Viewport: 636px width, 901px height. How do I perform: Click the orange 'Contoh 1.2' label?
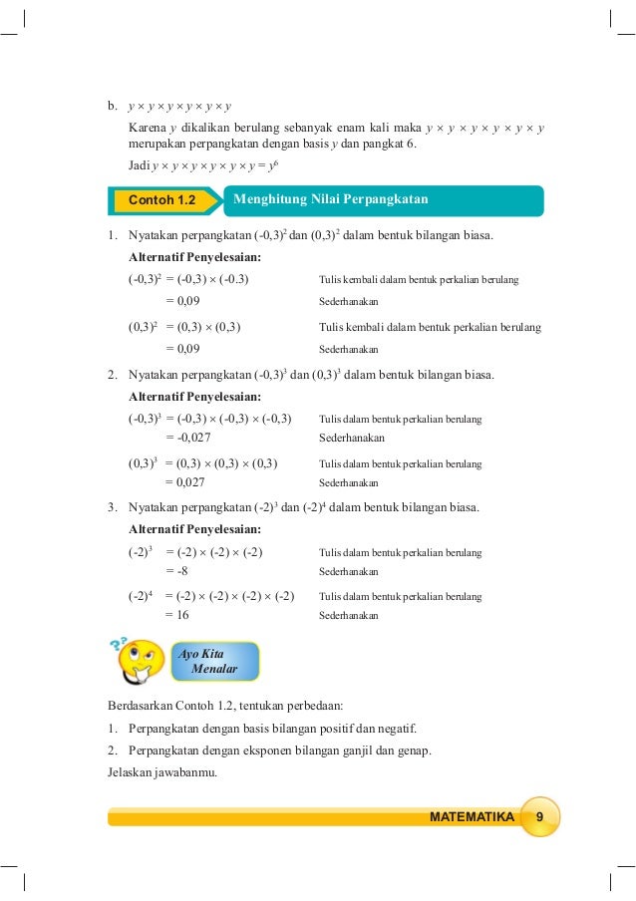click(x=160, y=200)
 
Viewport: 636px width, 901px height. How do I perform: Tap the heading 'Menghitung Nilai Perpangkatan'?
click(x=330, y=199)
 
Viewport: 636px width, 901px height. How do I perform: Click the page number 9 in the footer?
click(x=539, y=817)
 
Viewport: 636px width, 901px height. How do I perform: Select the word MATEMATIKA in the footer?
click(x=472, y=817)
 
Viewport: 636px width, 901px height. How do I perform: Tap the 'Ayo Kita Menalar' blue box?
click(x=215, y=661)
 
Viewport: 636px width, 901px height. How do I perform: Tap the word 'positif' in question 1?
click(x=332, y=727)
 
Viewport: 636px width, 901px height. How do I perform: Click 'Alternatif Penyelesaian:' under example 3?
click(x=195, y=529)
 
